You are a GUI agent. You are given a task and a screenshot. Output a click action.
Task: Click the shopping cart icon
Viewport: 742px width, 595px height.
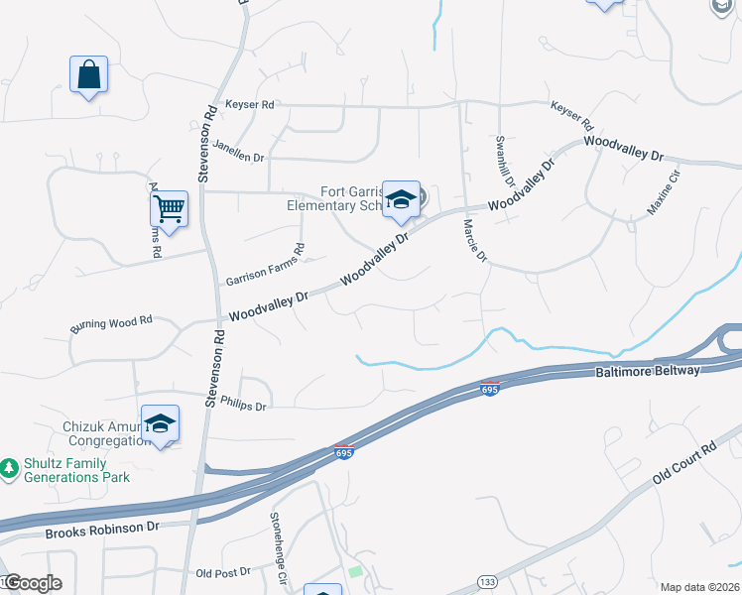click(170, 209)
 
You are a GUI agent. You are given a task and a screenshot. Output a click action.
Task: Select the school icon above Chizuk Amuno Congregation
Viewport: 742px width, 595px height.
click(160, 424)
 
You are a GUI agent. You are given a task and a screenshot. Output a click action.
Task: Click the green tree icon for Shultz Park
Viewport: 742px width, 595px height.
click(9, 467)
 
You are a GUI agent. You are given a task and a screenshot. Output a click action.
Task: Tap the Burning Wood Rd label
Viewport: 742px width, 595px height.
click(110, 324)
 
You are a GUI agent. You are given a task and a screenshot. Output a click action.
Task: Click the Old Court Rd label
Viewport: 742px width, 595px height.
click(683, 465)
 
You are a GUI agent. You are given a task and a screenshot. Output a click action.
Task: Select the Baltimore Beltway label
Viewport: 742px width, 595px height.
click(648, 371)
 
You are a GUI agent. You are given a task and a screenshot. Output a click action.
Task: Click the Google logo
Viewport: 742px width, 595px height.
click(32, 583)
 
